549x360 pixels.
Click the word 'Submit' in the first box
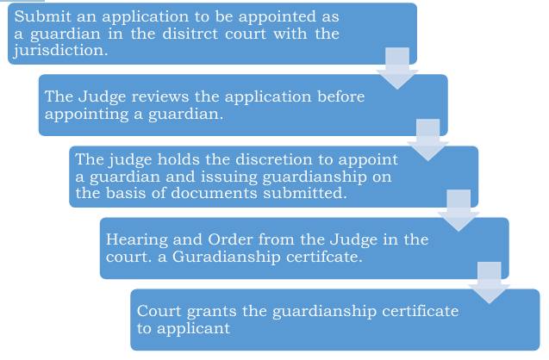coord(41,17)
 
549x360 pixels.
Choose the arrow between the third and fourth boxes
coord(459,210)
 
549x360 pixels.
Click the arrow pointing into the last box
coord(490,282)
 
